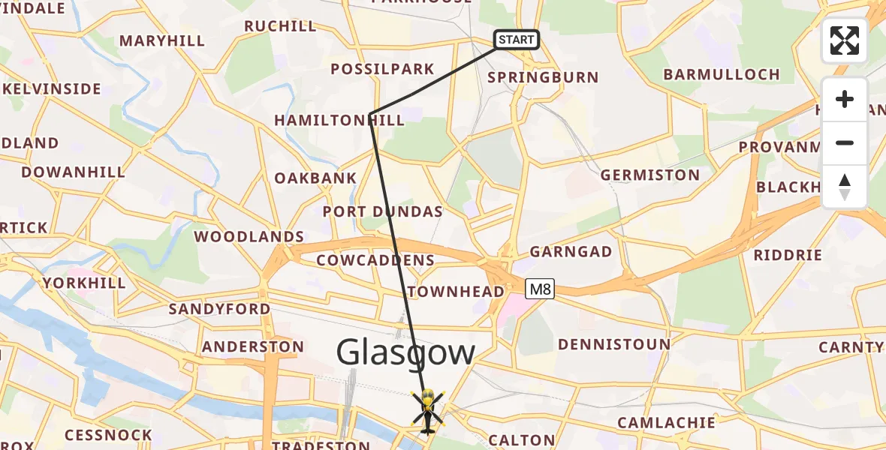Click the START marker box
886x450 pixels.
tap(516, 40)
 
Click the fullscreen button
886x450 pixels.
tap(844, 40)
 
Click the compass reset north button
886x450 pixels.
tap(844, 187)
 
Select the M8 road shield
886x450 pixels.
tap(540, 289)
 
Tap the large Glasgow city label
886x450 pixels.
tap(405, 352)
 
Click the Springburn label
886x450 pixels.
tap(543, 77)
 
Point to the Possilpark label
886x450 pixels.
tap(383, 70)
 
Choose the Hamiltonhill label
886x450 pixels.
tap(339, 120)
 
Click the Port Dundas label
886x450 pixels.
tap(383, 211)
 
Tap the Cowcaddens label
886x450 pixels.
tap(375, 260)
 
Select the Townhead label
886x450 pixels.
tap(456, 292)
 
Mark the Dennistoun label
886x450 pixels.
tap(614, 344)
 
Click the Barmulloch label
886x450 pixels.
tap(722, 74)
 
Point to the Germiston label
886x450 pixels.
tap(650, 175)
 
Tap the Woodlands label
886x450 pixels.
tap(249, 236)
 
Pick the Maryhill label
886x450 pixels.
tap(162, 41)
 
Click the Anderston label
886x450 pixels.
tap(253, 346)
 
